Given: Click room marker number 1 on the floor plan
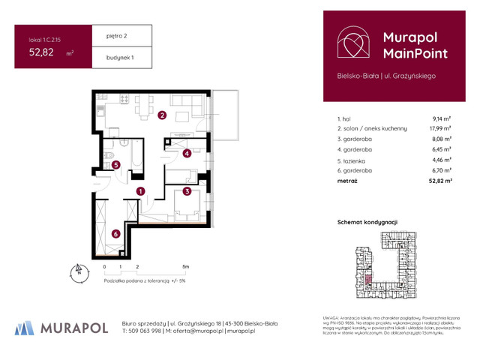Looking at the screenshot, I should [140, 191].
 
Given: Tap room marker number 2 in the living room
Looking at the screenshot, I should [162, 115].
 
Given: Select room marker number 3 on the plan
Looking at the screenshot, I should [186, 192].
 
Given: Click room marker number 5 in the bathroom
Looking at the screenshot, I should [116, 165].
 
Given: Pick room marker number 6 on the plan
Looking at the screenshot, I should [115, 234].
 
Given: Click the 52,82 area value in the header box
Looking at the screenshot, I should [42, 52].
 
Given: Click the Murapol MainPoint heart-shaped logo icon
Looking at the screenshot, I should [351, 43].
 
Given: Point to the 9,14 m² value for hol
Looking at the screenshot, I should [441, 118].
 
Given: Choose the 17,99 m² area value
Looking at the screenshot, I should [439, 129].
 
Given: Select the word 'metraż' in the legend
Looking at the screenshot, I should [347, 181].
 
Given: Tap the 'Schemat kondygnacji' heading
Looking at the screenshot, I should [367, 222].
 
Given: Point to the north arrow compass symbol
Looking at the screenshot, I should [76, 271].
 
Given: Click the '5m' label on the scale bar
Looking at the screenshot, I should [184, 266].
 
